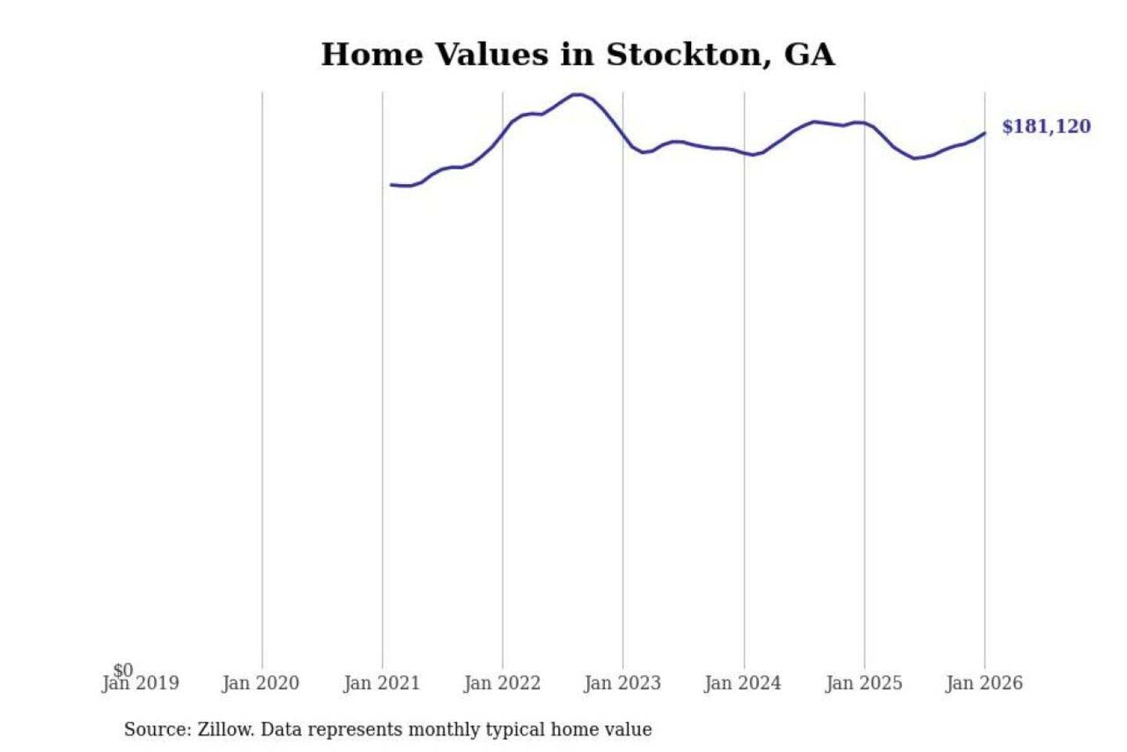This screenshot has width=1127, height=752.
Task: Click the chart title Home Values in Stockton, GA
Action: coord(578,55)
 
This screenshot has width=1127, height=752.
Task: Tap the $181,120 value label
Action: coord(1046,127)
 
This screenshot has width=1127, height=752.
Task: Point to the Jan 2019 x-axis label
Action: coord(141,684)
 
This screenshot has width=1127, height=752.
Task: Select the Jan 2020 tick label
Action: coord(261,684)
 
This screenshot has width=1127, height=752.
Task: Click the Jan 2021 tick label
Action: coord(382,684)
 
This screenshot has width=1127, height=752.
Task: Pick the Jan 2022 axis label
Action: coord(502,684)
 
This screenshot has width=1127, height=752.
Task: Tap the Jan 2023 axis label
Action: coord(623,684)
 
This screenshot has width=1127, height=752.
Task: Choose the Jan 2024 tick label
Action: coord(744,684)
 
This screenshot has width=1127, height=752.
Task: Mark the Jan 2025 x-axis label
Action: coord(864,684)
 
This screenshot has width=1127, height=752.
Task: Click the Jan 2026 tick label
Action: coord(985,684)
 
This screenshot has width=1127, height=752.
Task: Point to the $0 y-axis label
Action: coord(123,670)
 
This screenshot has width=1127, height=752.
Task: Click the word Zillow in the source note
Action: coord(225,730)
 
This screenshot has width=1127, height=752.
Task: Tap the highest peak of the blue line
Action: coord(578,95)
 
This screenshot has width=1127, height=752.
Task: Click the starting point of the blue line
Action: coord(391,185)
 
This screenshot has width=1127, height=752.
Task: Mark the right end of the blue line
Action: coord(985,133)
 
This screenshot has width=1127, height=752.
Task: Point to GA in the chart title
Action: coord(809,55)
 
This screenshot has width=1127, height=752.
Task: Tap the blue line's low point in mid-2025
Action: coord(914,158)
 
